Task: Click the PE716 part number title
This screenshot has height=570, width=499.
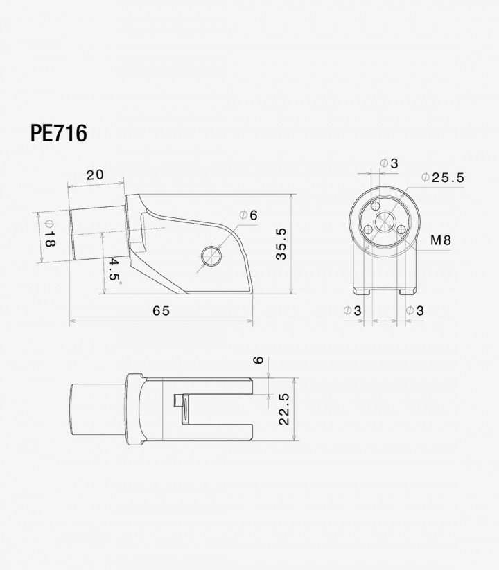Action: (x=58, y=133)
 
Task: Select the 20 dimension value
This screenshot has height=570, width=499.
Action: (x=95, y=175)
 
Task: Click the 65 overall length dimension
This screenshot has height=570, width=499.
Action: (x=161, y=311)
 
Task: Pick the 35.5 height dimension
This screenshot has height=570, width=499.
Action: (x=281, y=244)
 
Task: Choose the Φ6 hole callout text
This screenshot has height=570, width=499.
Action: (x=248, y=215)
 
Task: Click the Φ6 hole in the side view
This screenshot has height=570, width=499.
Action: (x=211, y=257)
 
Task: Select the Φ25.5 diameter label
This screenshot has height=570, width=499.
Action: (x=443, y=177)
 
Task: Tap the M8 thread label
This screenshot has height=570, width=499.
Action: (x=441, y=240)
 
